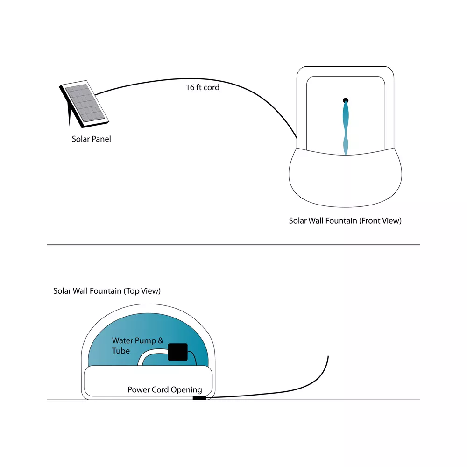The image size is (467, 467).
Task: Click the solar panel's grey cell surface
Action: pos(85,103)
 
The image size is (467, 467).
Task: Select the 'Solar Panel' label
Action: pos(91,139)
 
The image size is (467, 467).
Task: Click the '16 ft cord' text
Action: pos(203,87)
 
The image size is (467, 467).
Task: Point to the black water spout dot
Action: pos(346,100)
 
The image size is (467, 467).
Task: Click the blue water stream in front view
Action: pos(346,128)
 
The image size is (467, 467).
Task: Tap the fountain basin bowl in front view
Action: pos(345,179)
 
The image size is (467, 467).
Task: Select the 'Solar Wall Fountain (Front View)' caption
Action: pos(345,221)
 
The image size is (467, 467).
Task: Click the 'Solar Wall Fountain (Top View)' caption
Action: pos(107,291)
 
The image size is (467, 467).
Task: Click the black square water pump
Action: pos(178,352)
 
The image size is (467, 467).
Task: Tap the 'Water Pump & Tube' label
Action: pos(138,346)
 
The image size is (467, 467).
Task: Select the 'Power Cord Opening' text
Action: pos(165,389)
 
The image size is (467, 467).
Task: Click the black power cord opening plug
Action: pos(199,398)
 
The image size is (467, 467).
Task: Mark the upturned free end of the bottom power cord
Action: pos(328,356)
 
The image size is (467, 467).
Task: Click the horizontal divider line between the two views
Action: pos(233,245)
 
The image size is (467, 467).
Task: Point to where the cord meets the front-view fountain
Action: pos(297,138)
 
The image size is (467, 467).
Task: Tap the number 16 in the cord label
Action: pos(191,87)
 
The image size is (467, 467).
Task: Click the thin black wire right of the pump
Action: pos(194,356)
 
